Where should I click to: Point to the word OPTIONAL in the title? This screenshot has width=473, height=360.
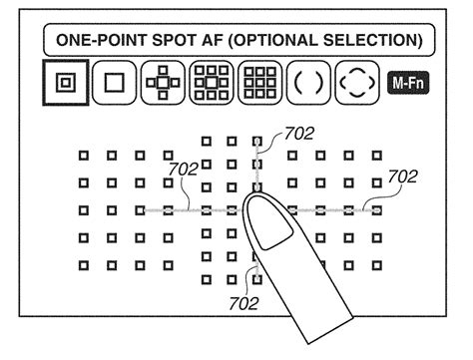point(280,42)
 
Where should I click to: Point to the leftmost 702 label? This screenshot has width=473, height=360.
point(183,170)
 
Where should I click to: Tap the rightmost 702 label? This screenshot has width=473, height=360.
point(402,177)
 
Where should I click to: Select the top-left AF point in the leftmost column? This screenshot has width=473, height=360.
point(84,155)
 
